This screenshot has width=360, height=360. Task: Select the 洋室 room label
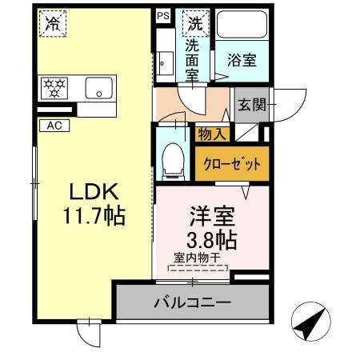click(x=212, y=215)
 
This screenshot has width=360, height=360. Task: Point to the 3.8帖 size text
click(x=212, y=238)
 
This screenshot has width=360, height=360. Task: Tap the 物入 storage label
click(x=212, y=134)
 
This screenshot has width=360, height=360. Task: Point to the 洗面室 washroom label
click(x=192, y=60)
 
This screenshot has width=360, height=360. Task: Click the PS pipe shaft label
click(x=163, y=15)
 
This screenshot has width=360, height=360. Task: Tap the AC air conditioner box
click(x=54, y=125)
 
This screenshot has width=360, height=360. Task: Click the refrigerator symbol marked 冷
click(x=51, y=25)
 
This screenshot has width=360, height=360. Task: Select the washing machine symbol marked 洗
click(x=194, y=24)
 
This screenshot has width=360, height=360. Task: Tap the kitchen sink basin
click(x=98, y=87)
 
